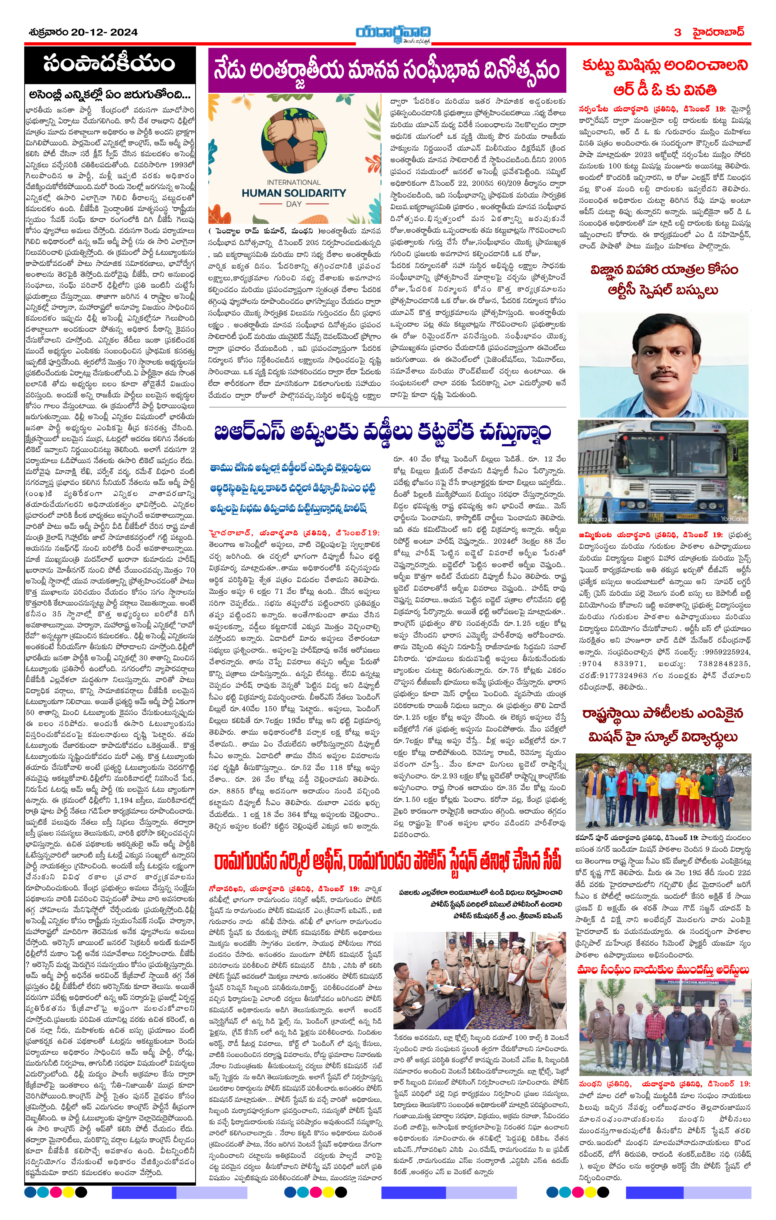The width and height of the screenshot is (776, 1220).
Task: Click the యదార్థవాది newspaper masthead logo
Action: point(393,33)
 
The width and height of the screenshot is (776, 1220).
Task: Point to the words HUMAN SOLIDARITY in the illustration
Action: point(294,193)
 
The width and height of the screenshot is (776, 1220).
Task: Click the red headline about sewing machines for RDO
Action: point(664,77)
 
